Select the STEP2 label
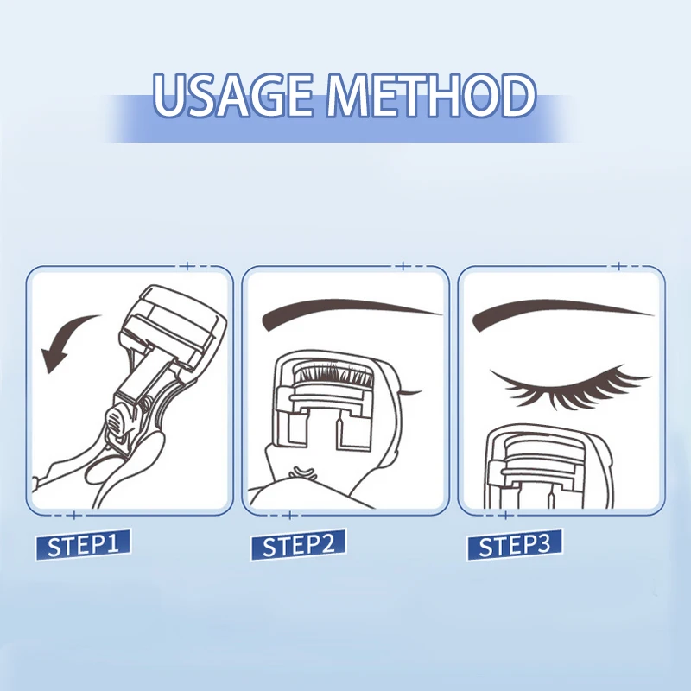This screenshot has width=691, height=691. coord(299,546)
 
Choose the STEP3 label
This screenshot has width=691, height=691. coord(514,546)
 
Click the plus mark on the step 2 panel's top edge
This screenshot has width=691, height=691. coord(403,266)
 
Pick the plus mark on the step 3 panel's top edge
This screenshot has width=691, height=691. coord(618,266)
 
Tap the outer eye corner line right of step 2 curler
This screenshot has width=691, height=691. coord(411,393)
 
